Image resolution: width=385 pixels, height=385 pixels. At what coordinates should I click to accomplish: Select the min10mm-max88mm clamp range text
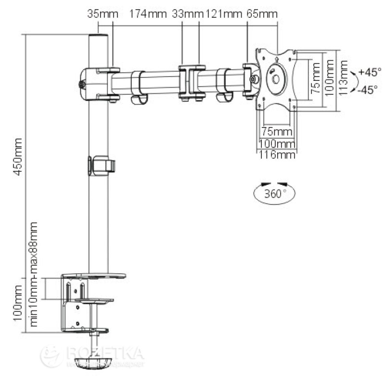pyautogui.click(x=34, y=274)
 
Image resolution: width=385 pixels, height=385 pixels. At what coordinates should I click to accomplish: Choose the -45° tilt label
pyautogui.click(x=367, y=90)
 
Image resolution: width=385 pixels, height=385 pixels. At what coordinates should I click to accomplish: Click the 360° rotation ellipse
pyautogui.click(x=274, y=194)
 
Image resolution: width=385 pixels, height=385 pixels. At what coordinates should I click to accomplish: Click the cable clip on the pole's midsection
pyautogui.click(x=102, y=164)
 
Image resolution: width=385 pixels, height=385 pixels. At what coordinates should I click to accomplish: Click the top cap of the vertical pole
pyautogui.click(x=98, y=37)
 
